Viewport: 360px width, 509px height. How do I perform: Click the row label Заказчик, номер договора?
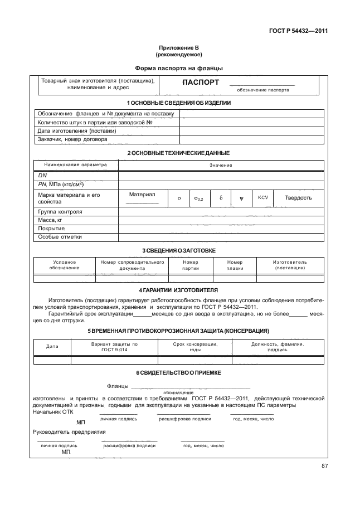coord(72,139)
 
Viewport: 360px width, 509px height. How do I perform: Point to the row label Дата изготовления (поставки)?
coord(77,131)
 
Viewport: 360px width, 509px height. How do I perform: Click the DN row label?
coord(42,174)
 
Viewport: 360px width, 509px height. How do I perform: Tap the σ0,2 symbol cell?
coord(198,198)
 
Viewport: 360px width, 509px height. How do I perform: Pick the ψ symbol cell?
coord(241,197)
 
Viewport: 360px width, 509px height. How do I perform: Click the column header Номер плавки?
coord(235,265)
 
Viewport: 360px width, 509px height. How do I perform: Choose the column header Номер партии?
coord(190,265)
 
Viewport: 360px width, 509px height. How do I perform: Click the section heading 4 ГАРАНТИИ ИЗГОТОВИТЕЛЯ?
coord(178,290)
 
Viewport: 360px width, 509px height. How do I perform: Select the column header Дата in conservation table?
coord(52,346)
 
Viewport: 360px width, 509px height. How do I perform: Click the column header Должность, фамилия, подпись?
coord(277,346)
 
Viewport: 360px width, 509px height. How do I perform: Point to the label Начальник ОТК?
coord(53,412)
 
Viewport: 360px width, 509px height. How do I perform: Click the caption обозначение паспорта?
coord(263,89)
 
